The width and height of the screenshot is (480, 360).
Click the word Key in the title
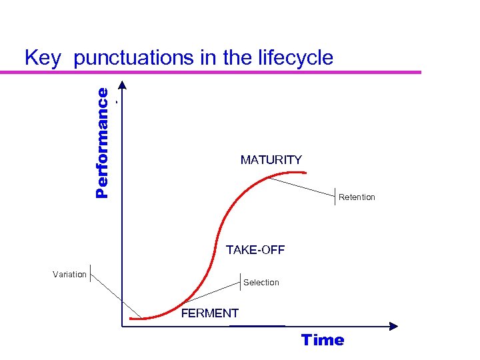click(x=43, y=58)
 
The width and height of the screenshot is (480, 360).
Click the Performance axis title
click(x=102, y=143)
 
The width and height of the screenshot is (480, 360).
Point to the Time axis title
click(x=323, y=340)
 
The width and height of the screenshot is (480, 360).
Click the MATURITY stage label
click(x=271, y=160)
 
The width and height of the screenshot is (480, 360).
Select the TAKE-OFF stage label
click(x=255, y=250)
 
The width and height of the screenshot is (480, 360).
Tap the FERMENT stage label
click(x=210, y=313)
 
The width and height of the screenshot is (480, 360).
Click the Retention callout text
click(x=357, y=197)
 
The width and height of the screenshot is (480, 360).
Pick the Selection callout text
click(x=261, y=283)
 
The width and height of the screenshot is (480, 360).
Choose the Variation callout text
click(x=69, y=275)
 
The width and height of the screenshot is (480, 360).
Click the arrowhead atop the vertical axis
click(x=122, y=86)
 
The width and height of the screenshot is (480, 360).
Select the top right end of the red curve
click(x=305, y=173)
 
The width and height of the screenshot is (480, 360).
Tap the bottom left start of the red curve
click(x=131, y=319)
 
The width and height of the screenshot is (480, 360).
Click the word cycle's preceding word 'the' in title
click(x=237, y=58)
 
